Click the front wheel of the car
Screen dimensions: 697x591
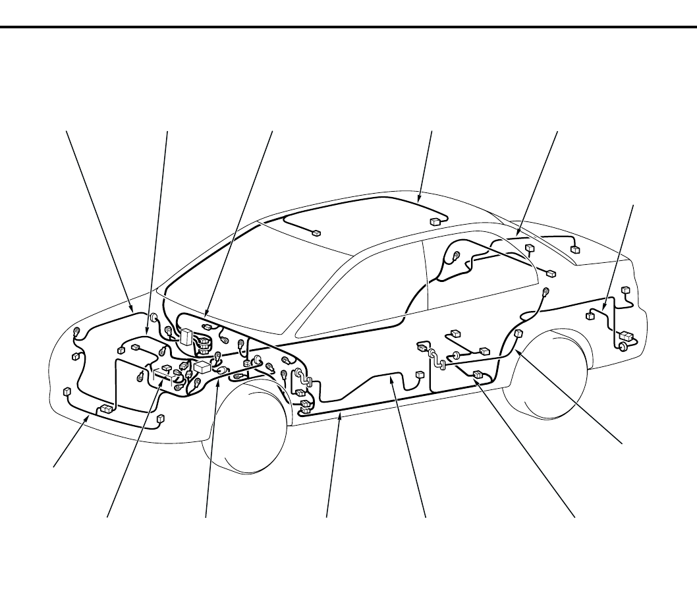click(245, 428)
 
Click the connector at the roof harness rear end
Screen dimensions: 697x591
click(435, 221)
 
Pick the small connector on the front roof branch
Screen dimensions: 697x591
click(316, 233)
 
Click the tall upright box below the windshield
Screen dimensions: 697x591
click(186, 337)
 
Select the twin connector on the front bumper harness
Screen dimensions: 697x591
click(104, 410)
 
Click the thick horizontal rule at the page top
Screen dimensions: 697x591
click(348, 28)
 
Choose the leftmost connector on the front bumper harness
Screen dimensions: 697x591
click(67, 391)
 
